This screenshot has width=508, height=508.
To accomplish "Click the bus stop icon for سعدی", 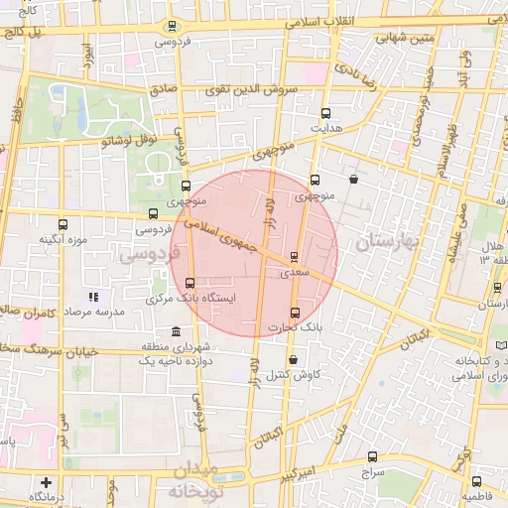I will (x=294, y=256).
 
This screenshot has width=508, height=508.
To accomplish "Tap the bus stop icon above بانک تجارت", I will (x=295, y=314).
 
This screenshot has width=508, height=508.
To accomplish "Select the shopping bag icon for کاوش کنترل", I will (x=293, y=360).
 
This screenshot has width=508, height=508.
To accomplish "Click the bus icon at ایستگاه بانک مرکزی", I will (x=190, y=282).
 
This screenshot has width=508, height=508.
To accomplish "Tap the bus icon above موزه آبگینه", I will (x=64, y=225).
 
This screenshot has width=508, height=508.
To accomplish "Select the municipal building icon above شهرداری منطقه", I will (x=176, y=331).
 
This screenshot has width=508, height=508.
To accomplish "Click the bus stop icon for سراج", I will (x=372, y=457).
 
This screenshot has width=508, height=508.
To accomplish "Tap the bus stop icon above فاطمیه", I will (x=476, y=481).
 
